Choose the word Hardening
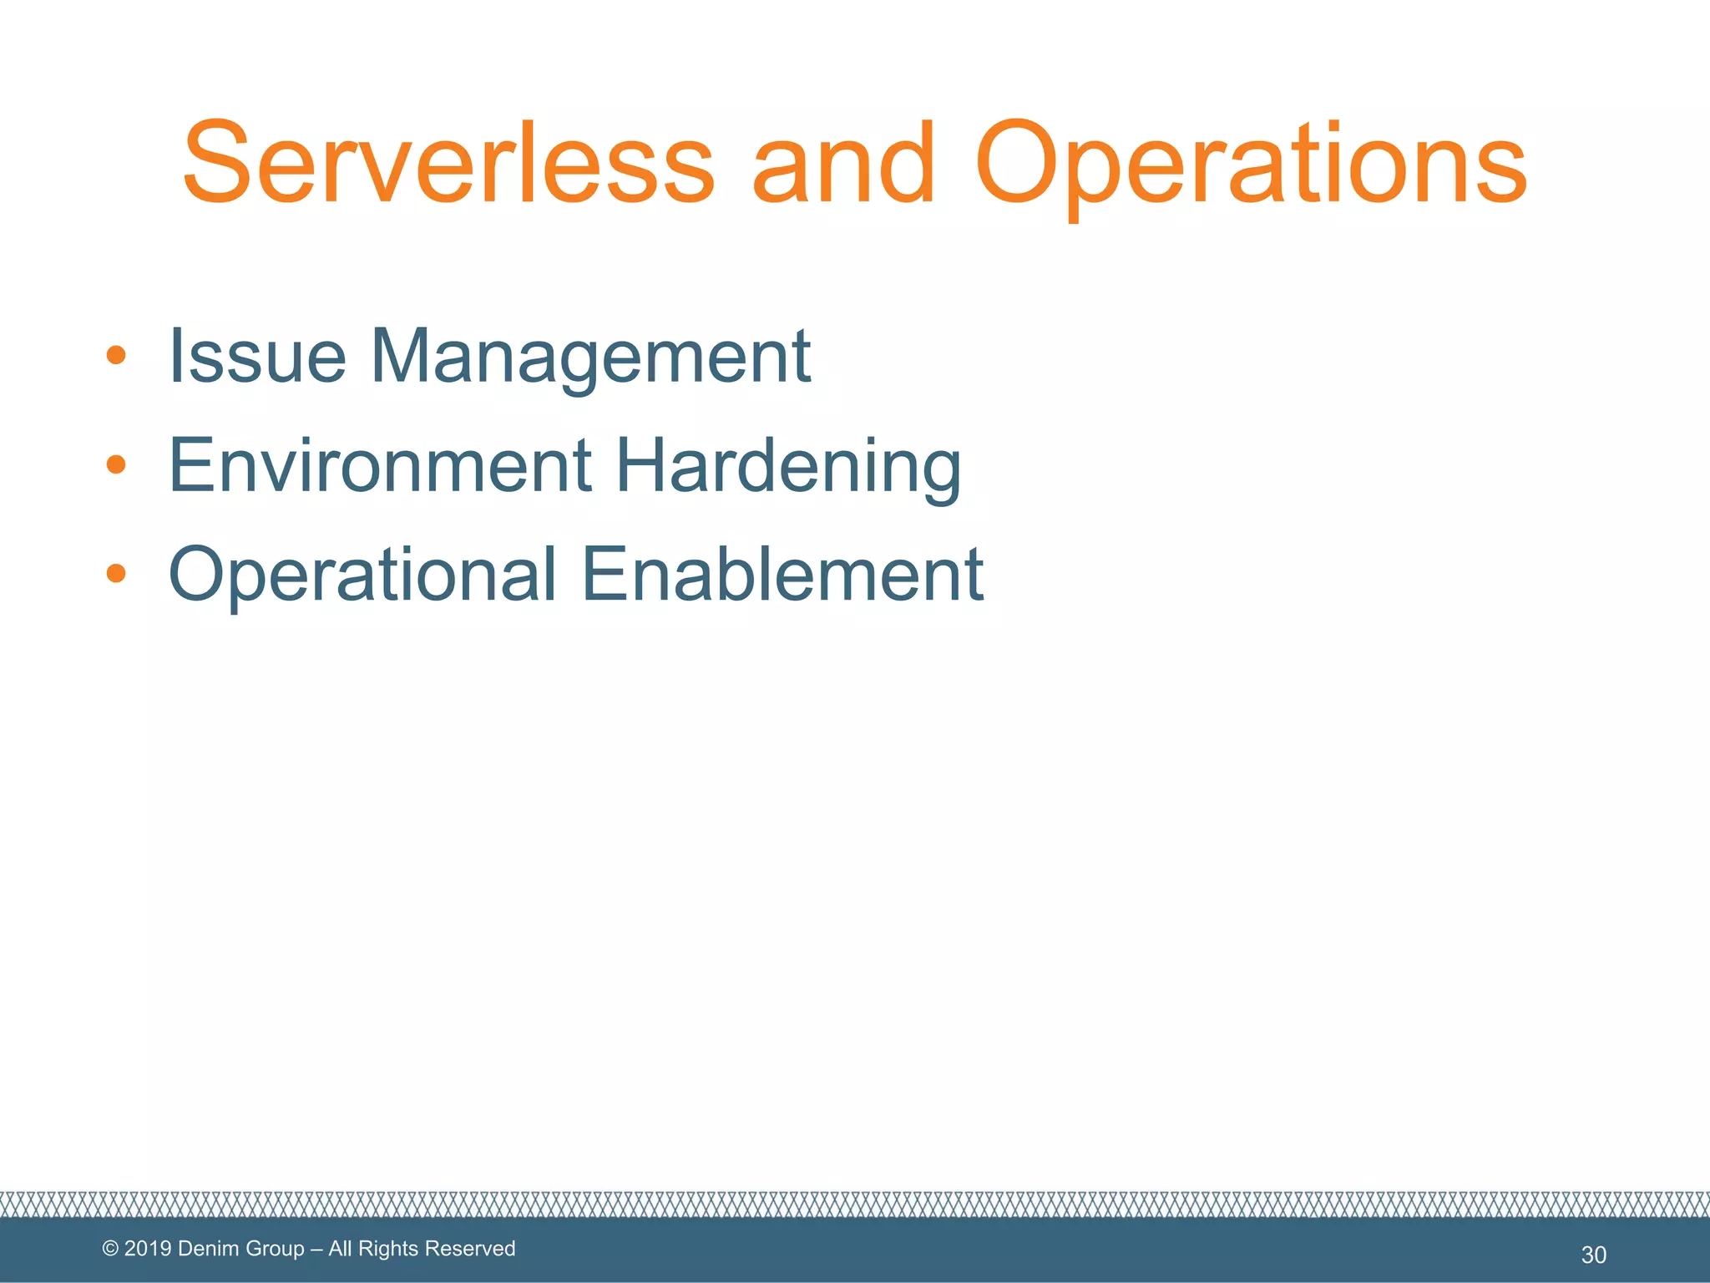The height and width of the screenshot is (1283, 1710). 788,468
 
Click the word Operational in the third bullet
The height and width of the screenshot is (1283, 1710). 362,576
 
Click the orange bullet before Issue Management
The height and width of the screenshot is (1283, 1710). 116,356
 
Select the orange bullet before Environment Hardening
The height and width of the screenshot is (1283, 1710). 116,464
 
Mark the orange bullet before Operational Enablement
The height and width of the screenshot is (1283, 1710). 116,573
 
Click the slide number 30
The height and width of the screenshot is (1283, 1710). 1593,1255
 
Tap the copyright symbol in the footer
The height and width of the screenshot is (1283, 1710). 110,1249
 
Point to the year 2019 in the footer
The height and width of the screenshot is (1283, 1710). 148,1249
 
